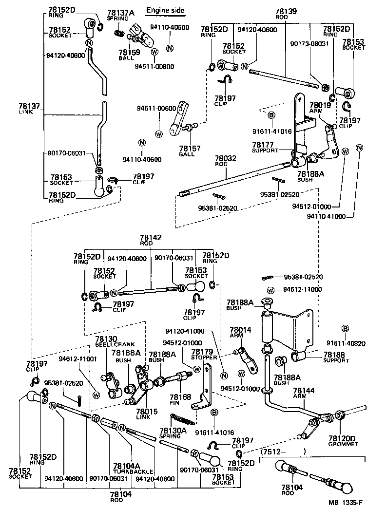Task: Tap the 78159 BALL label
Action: tap(126, 54)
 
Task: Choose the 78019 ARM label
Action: tap(320, 107)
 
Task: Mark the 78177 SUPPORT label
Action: tap(265, 147)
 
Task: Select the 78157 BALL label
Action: tap(187, 151)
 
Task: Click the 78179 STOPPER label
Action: tap(204, 354)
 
